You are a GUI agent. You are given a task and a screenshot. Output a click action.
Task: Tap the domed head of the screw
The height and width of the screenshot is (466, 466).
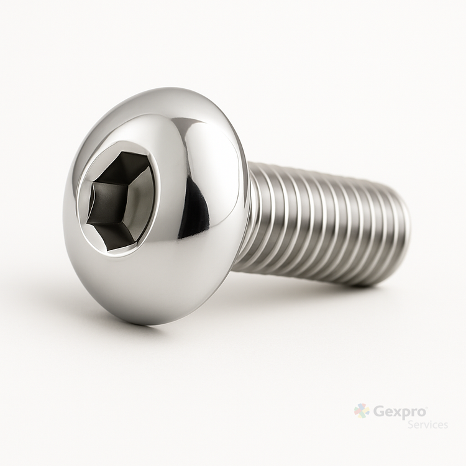pos(155,205)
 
